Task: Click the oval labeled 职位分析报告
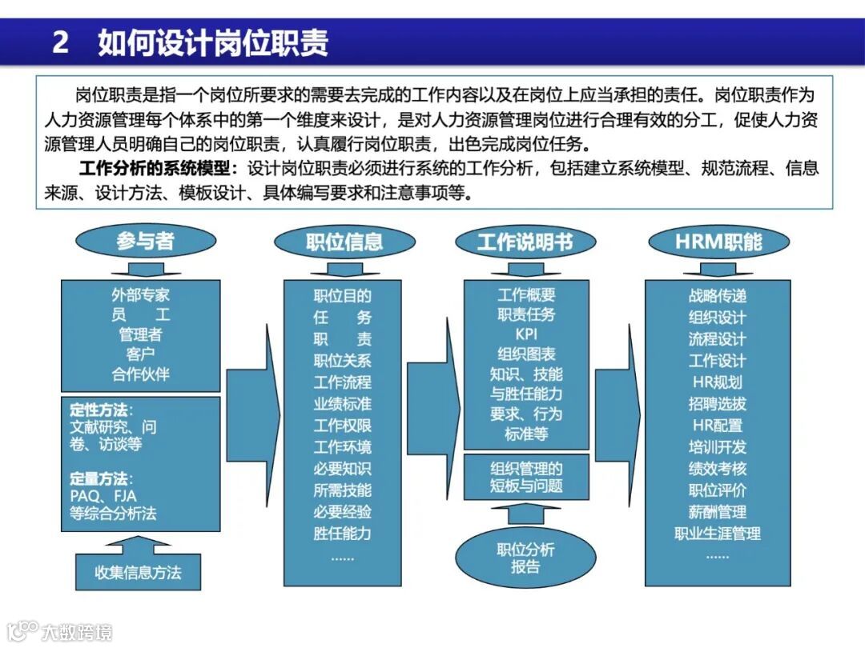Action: click(525, 558)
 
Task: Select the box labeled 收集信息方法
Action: click(138, 572)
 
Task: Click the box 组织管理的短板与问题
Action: click(526, 477)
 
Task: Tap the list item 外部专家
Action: click(141, 295)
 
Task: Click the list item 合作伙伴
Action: click(141, 374)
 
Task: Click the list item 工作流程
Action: click(342, 382)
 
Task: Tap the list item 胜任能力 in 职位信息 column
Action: click(342, 533)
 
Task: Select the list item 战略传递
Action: click(718, 295)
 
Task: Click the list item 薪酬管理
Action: click(718, 511)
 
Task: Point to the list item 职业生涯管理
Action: click(718, 533)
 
